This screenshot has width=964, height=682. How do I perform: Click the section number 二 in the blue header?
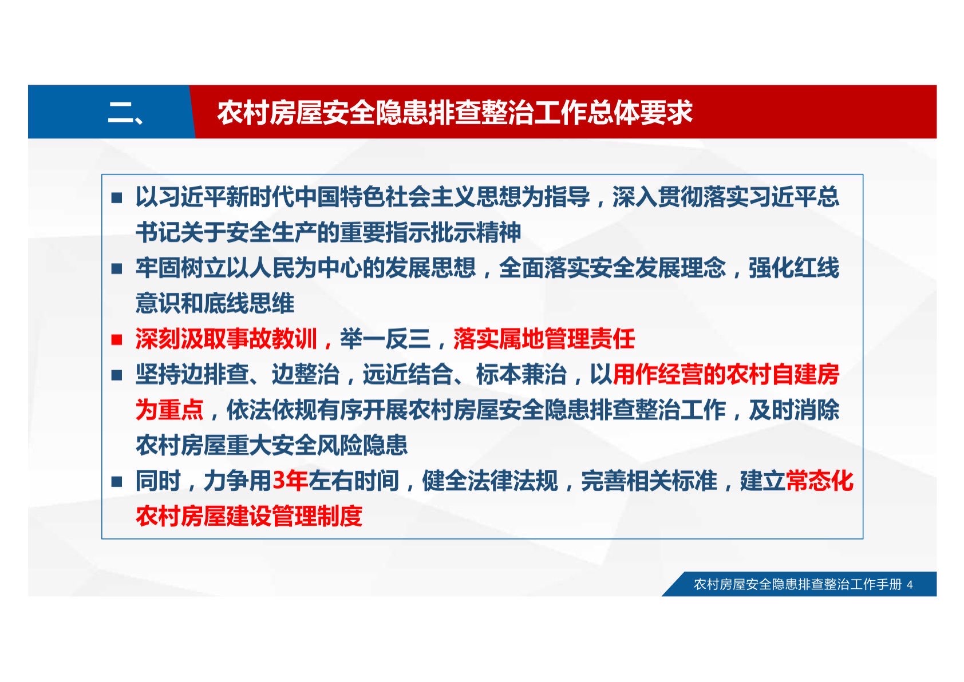(120, 112)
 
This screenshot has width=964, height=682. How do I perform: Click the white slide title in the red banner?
(455, 113)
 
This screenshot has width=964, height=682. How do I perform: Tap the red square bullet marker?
(116, 340)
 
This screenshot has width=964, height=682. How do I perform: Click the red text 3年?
(290, 481)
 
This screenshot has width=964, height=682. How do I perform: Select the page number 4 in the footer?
(910, 584)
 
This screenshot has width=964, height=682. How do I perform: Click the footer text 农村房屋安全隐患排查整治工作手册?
(797, 584)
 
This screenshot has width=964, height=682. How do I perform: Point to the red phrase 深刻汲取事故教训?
(226, 339)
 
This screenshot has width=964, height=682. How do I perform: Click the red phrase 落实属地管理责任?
(544, 339)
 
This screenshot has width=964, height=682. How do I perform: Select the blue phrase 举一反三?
(385, 339)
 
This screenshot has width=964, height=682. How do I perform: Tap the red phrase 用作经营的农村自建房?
(726, 374)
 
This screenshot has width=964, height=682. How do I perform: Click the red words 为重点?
(169, 410)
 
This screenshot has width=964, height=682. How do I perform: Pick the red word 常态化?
(820, 481)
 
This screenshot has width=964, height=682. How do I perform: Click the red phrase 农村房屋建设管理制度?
(249, 516)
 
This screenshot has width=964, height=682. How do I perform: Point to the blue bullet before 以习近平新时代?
(116, 198)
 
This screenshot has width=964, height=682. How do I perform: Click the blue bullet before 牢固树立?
(116, 269)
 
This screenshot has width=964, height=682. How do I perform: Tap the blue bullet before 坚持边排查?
(116, 375)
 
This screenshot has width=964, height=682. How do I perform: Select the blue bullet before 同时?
(116, 482)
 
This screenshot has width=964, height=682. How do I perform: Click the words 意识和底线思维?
(215, 303)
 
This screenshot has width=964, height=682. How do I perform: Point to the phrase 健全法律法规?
(490, 481)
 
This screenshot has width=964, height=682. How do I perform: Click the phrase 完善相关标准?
(649, 481)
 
